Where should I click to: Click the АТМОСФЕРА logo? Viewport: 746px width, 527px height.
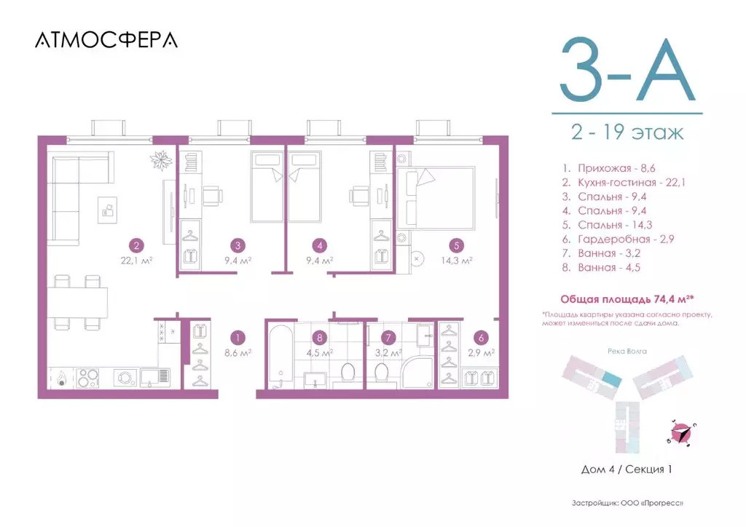[106, 40]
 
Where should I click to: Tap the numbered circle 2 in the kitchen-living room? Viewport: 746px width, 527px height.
[135, 245]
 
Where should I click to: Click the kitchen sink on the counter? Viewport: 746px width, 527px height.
[155, 376]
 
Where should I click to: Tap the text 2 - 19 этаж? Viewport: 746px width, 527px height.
[627, 133]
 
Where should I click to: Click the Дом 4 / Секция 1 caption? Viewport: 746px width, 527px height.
[627, 469]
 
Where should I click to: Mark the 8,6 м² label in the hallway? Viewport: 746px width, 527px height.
[239, 352]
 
